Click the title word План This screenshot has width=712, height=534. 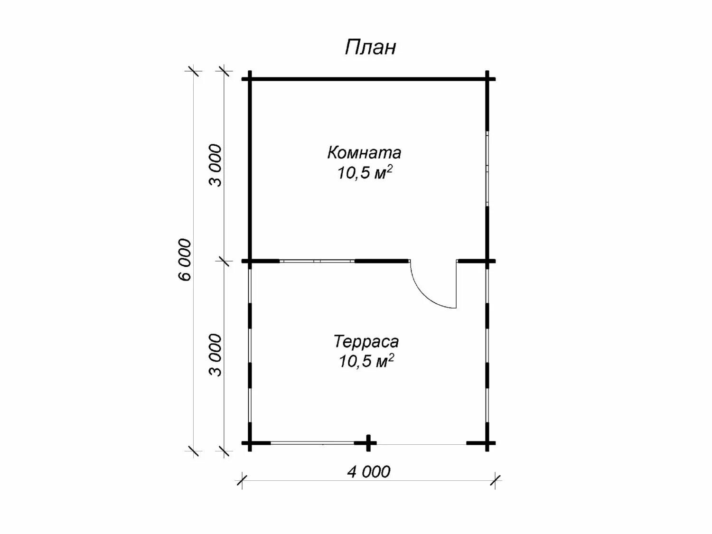click(370, 47)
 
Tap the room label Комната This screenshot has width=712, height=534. click(364, 153)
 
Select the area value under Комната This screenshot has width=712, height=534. click(365, 173)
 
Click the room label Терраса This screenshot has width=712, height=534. click(366, 341)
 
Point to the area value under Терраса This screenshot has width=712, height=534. click(366, 361)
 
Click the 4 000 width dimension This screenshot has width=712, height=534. click(368, 471)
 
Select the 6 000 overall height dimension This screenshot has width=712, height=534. click(186, 260)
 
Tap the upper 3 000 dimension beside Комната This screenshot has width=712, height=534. click(215, 165)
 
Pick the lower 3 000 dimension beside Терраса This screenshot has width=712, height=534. click(215, 355)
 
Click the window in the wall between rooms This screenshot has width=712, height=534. click(317, 261)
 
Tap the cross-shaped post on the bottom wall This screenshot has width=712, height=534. click(368, 443)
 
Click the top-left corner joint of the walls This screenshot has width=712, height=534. click(250, 79)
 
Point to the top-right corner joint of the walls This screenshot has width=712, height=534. click(487, 79)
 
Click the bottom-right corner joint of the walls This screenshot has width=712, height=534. click(487, 443)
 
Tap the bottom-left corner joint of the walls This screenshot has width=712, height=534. click(250, 443)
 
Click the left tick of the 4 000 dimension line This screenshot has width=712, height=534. click(242, 480)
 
